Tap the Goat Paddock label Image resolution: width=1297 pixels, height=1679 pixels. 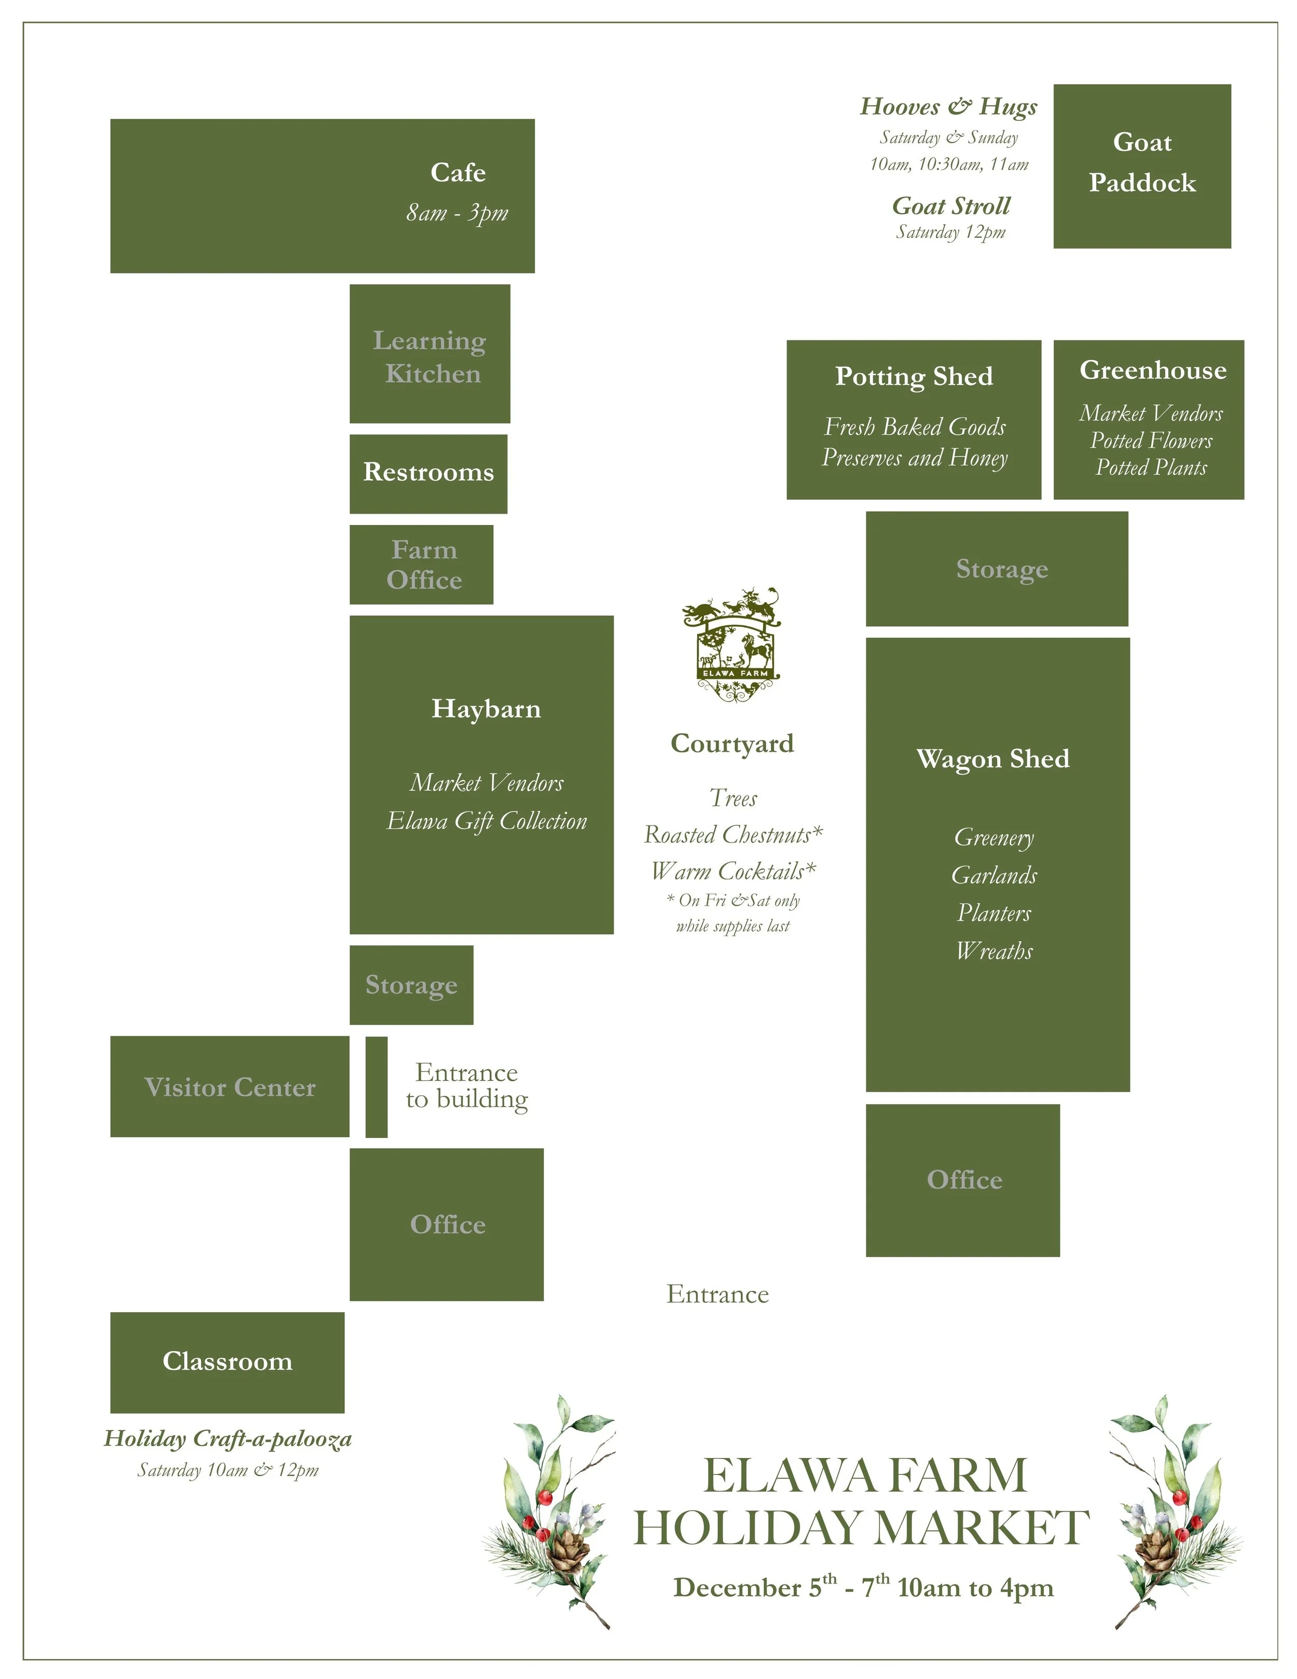tap(1142, 163)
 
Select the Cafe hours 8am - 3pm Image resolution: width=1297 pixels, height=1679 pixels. tap(458, 213)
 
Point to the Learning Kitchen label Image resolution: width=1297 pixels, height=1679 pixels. tap(430, 357)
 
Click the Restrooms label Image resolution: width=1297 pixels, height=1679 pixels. tap(428, 472)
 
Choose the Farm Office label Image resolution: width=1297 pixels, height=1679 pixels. tap(424, 565)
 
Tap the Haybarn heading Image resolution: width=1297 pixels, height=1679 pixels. tap(486, 709)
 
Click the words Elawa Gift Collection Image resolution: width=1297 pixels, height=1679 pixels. tap(487, 821)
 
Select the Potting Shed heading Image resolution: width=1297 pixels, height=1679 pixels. tap(914, 377)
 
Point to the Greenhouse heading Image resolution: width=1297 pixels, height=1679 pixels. tap(1152, 370)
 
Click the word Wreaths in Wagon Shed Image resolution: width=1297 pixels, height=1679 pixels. tap(994, 952)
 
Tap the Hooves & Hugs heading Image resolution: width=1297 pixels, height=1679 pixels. tap(949, 106)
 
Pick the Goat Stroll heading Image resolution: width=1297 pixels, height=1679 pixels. tap(951, 206)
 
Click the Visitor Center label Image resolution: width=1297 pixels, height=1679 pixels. tap(229, 1087)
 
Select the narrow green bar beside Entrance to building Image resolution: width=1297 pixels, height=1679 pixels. tap(376, 1086)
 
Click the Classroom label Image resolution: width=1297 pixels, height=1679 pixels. tap(228, 1361)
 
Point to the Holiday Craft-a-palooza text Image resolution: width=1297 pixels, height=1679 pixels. tap(228, 1438)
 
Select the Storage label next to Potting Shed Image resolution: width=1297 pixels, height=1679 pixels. tap(1002, 569)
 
